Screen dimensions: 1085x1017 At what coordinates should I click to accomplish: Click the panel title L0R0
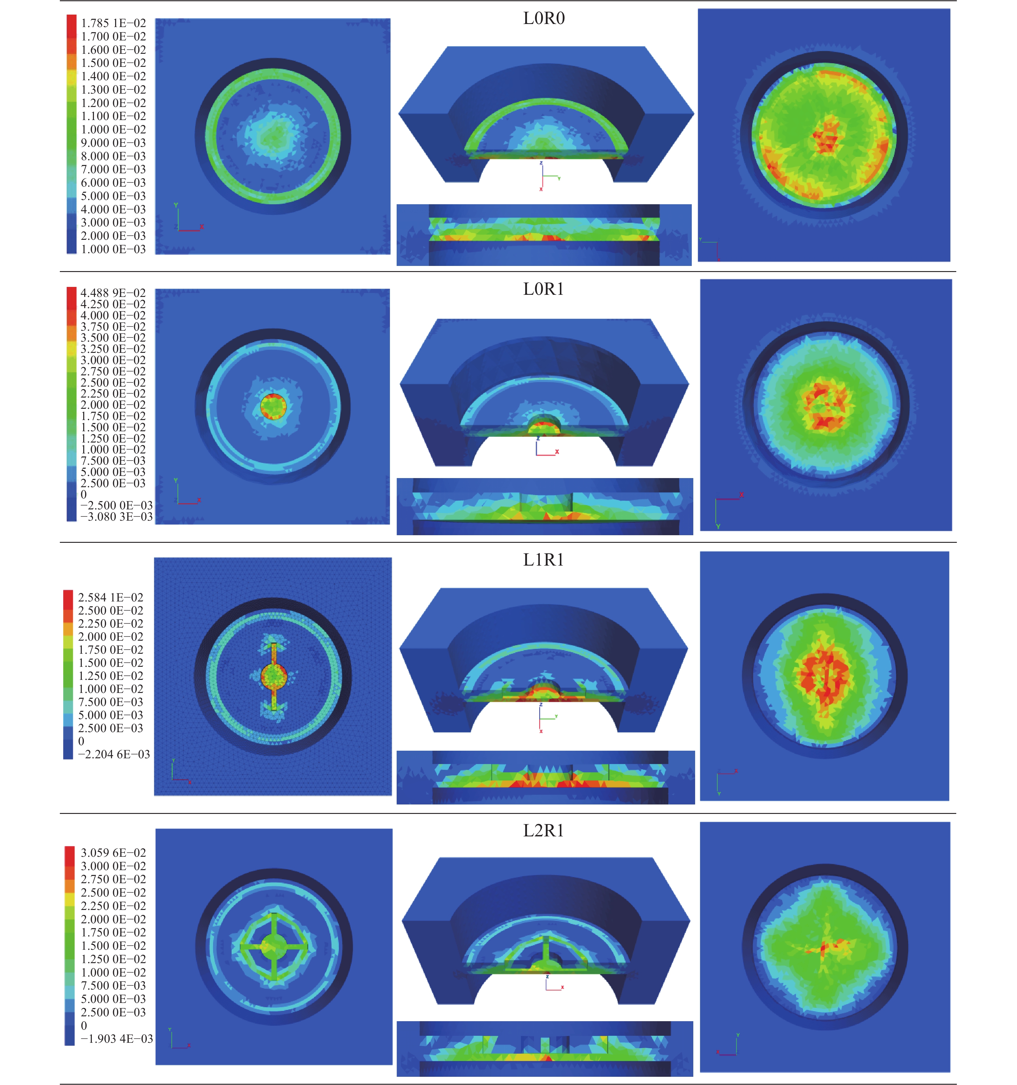coord(544,19)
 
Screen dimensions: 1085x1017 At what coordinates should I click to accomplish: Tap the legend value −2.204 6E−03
coord(114,754)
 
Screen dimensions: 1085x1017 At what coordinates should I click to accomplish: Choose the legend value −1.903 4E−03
coord(116,1038)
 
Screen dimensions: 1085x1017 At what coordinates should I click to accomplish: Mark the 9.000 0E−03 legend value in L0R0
coord(114,143)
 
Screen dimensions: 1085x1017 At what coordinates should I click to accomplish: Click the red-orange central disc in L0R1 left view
coord(273,407)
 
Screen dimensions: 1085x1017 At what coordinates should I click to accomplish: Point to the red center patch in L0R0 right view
coord(825,136)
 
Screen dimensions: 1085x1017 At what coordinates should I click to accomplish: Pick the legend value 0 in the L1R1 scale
coord(81,741)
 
